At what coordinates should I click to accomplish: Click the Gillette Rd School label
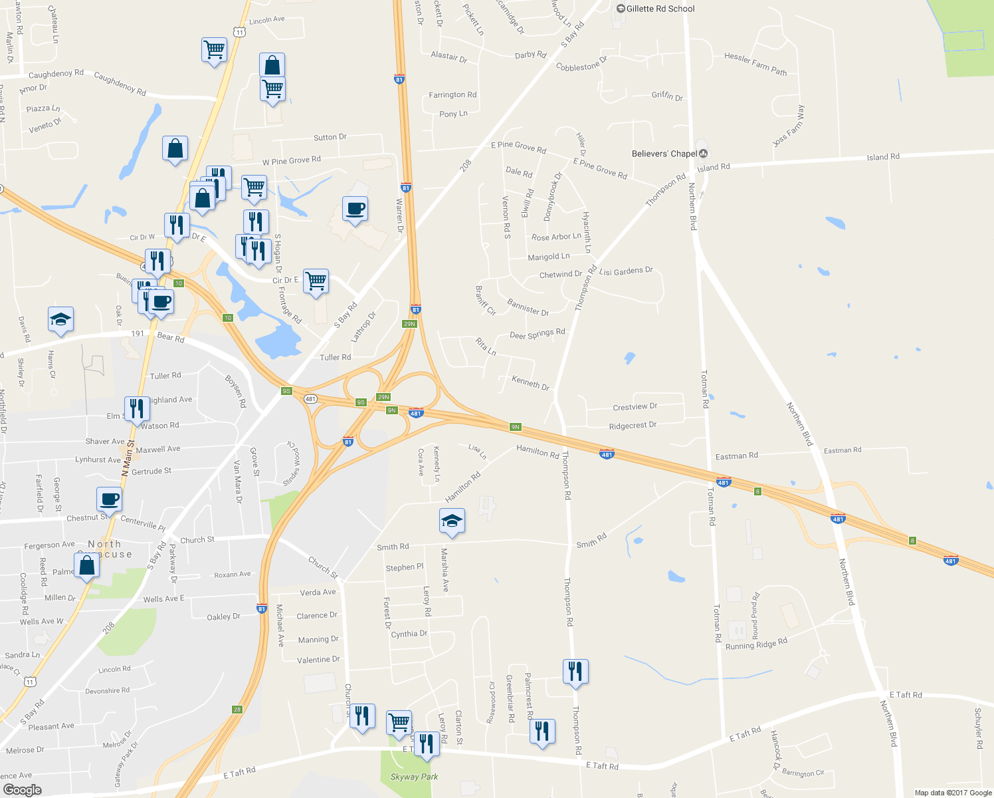pyautogui.click(x=660, y=9)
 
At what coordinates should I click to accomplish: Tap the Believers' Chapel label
pyautogui.click(x=664, y=154)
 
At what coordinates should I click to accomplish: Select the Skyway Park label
pyautogui.click(x=414, y=777)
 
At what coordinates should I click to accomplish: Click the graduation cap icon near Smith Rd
pyautogui.click(x=452, y=521)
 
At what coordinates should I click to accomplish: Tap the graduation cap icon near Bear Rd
pyautogui.click(x=60, y=320)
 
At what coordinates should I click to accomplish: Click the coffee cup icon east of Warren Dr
pyautogui.click(x=355, y=209)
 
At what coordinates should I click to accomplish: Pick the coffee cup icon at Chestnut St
pyautogui.click(x=109, y=499)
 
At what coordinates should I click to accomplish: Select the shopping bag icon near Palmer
pyautogui.click(x=86, y=566)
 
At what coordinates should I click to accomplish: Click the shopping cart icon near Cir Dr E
pyautogui.click(x=316, y=281)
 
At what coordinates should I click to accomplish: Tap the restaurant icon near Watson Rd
pyautogui.click(x=137, y=410)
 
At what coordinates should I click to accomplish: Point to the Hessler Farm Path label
pyautogui.click(x=755, y=64)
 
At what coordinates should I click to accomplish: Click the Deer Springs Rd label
pyautogui.click(x=537, y=333)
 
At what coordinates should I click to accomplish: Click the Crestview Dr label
pyautogui.click(x=635, y=406)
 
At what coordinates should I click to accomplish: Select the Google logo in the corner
pyautogui.click(x=22, y=789)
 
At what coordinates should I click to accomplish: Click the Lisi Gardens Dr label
pyautogui.click(x=626, y=271)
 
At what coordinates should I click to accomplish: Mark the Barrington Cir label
pyautogui.click(x=803, y=773)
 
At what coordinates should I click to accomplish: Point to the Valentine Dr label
pyautogui.click(x=318, y=660)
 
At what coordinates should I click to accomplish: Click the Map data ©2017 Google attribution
pyautogui.click(x=953, y=793)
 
